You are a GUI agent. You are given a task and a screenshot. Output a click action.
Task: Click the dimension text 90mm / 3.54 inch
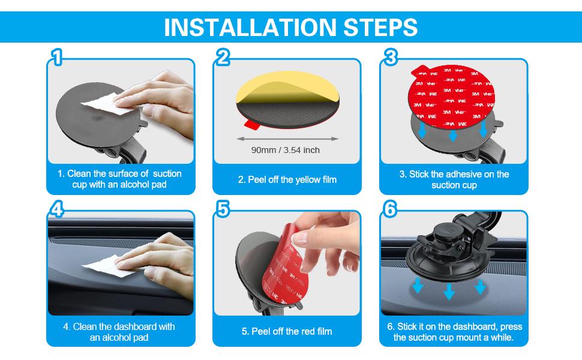286,150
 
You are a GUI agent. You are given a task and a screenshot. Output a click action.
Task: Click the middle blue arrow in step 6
449,293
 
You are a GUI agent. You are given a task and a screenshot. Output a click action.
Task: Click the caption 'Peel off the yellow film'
287,179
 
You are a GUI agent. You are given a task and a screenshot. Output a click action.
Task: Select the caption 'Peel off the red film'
287,331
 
